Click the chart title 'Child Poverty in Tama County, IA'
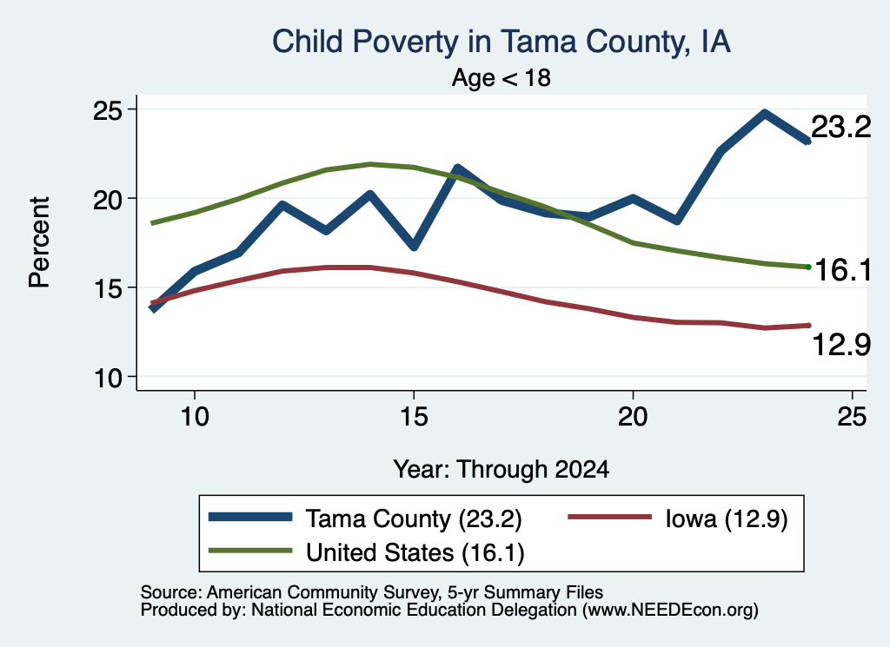point(501,42)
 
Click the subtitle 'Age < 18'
point(501,77)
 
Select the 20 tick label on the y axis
point(108,199)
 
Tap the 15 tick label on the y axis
point(108,288)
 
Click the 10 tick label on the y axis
point(108,378)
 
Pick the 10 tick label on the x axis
point(195,418)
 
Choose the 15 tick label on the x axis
point(414,418)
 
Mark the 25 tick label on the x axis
point(852,418)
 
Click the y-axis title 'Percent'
point(39,242)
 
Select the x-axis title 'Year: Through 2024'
point(501,470)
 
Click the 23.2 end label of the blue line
point(840,127)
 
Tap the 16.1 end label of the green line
point(843,269)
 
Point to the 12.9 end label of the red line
point(841,344)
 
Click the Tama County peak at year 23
point(765,114)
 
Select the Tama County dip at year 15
point(414,246)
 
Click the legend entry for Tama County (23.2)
point(365,518)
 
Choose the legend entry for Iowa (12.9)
point(678,518)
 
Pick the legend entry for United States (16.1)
point(366,551)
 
